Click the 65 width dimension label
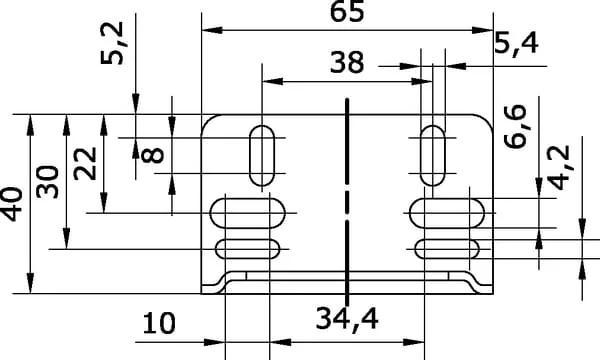[x=347, y=11]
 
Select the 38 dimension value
[x=347, y=63]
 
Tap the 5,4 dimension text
[x=517, y=43]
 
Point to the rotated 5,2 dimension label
[x=112, y=43]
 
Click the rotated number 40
[x=12, y=204]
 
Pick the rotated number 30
[x=48, y=182]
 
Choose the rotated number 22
[x=85, y=163]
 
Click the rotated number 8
[x=153, y=155]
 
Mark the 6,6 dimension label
[x=515, y=126]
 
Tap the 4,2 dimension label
[x=559, y=168]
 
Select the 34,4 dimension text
[x=347, y=319]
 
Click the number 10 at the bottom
[x=159, y=323]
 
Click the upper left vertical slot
[x=262, y=155]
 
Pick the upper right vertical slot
[x=433, y=155]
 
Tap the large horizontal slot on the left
[x=248, y=213]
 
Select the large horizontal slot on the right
[x=447, y=213]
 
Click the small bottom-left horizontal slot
[x=248, y=249]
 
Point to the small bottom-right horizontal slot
[x=447, y=249]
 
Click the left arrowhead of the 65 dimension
[x=212, y=30]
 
